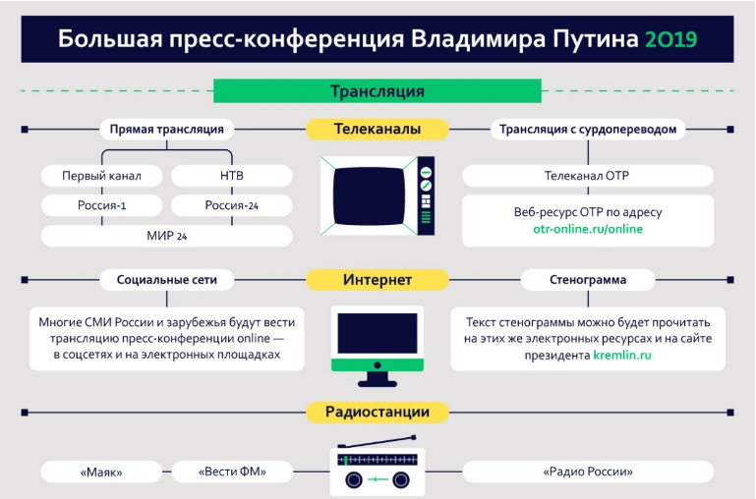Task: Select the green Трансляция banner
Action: click(377, 91)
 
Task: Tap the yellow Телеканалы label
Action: click(378, 129)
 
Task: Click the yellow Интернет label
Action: click(378, 280)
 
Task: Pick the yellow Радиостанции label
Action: click(378, 412)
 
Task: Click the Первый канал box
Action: click(101, 176)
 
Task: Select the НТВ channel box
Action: click(232, 176)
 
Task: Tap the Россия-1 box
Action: click(101, 205)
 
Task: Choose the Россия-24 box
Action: click(232, 205)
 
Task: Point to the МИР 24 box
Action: click(166, 236)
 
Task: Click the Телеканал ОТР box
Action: click(587, 176)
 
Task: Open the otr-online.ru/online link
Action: click(587, 229)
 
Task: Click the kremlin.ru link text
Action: click(621, 356)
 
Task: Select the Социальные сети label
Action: click(166, 280)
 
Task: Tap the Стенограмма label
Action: click(587, 280)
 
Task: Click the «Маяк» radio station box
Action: click(101, 472)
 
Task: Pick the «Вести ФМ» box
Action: click(232, 472)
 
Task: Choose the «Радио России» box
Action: click(587, 472)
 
